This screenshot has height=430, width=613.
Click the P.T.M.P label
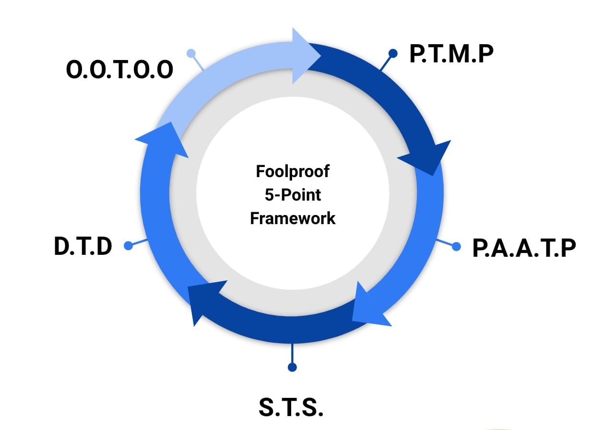coord(451,53)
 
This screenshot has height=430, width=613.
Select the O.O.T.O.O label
coord(119,69)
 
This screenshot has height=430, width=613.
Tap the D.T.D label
coord(83,246)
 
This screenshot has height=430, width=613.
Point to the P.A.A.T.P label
coord(524,248)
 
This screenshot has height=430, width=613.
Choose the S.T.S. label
coord(291,407)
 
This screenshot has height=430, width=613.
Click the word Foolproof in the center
coord(293,172)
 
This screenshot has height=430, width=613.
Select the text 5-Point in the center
coord(293,195)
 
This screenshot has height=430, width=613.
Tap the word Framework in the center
coord(293,218)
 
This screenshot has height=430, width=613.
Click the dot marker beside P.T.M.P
coord(393,53)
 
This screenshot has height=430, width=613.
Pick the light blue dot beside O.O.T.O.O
coord(191,53)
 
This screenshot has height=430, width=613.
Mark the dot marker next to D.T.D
coord(128,245)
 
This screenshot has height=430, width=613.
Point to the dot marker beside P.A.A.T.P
coord(456,247)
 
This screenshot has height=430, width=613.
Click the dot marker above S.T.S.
coord(292,367)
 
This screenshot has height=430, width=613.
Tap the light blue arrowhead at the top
coord(304,56)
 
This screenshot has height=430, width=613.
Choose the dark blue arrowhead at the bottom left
coord(204,300)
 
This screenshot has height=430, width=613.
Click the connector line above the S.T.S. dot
coord(292,353)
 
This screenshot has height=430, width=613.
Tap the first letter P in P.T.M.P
coord(415,54)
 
